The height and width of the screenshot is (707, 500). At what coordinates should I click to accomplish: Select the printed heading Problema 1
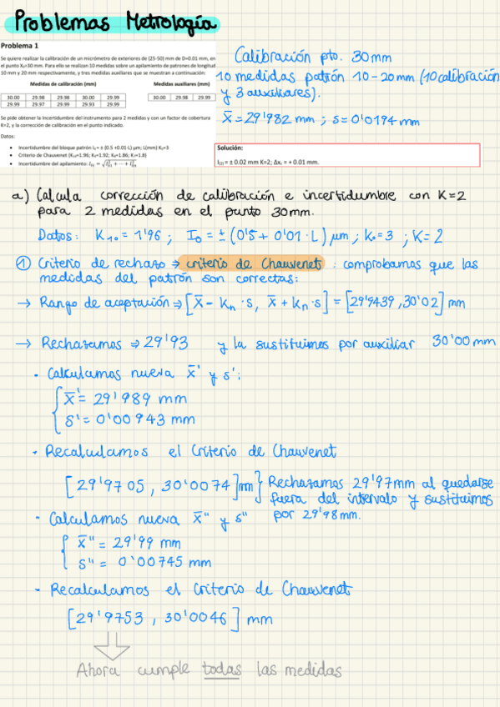point(26,46)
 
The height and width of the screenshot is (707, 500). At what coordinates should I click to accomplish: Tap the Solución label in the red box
point(230,148)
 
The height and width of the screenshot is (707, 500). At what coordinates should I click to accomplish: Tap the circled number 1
point(24,263)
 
